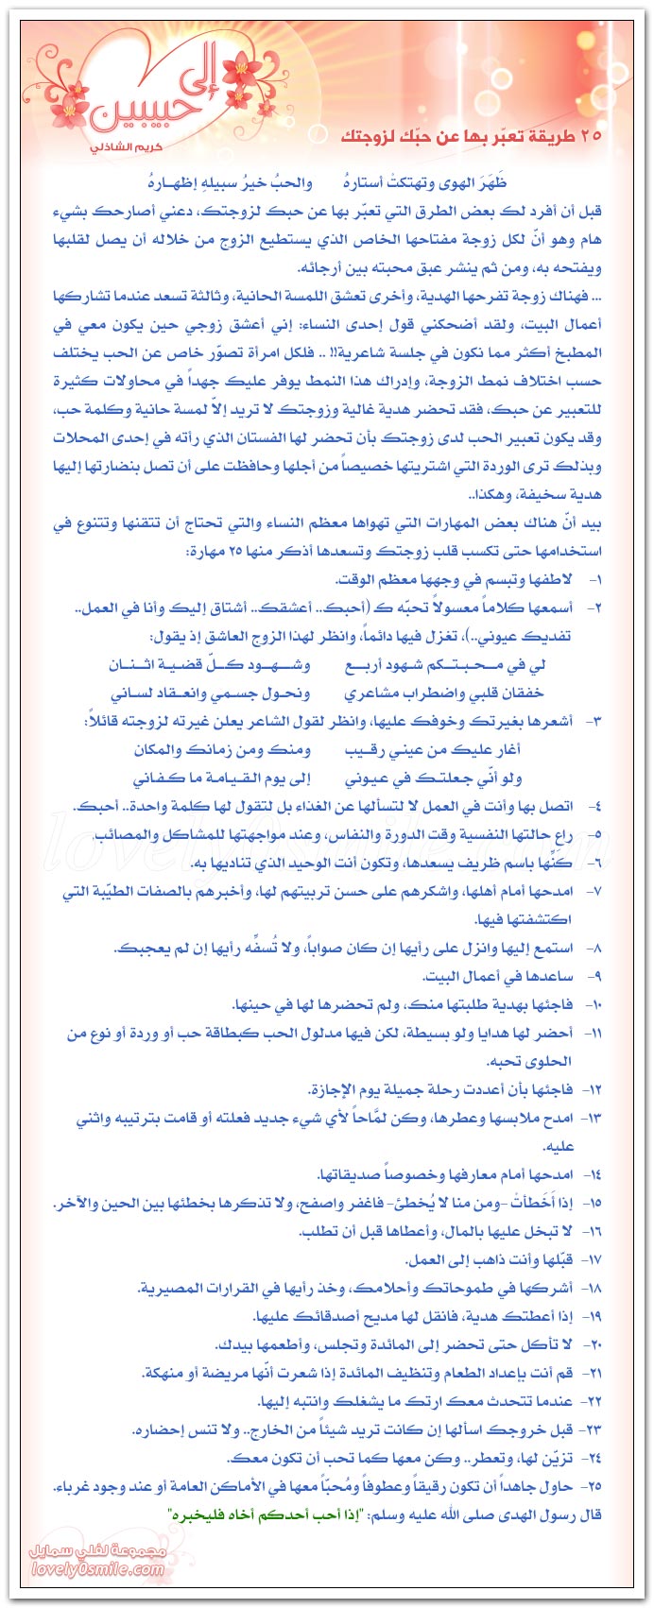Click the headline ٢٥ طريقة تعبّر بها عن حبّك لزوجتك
point(471,139)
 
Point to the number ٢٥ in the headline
point(591,139)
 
